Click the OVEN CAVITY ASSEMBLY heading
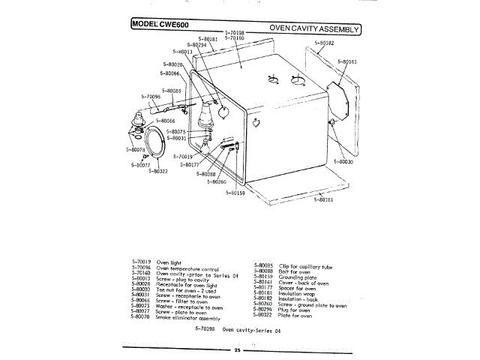point(314,29)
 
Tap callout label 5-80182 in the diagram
point(324,43)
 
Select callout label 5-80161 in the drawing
point(347,61)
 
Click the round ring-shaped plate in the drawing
point(155,142)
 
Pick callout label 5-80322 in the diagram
point(157,171)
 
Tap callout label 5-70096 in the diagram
point(151,97)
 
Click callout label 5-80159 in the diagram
point(235,193)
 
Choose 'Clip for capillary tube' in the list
point(304,266)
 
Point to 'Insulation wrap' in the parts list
point(298,292)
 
